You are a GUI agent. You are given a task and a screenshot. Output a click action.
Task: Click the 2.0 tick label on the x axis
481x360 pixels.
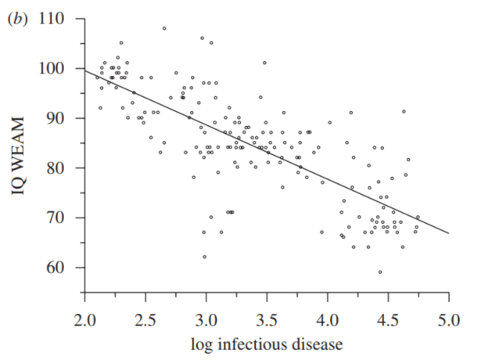pos(84,319)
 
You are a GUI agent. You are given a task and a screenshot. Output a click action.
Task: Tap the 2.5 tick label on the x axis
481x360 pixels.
pos(145,319)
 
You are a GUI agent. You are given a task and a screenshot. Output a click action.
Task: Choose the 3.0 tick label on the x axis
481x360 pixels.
pos(206,319)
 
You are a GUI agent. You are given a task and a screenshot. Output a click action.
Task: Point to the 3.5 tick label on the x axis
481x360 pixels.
pos(267,319)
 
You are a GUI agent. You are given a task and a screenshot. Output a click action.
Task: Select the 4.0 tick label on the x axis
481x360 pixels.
pos(327,319)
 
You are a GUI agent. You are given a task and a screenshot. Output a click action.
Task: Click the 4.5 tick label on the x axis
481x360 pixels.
pos(388,319)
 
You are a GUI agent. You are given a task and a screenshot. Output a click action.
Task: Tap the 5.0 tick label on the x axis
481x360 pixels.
pos(448,319)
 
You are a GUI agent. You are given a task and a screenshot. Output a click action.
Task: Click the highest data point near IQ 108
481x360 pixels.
pos(164,28)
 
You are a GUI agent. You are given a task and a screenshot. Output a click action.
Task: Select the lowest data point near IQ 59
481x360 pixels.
pos(380,272)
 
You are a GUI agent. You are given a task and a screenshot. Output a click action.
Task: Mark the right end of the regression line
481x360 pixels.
pos(448,233)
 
